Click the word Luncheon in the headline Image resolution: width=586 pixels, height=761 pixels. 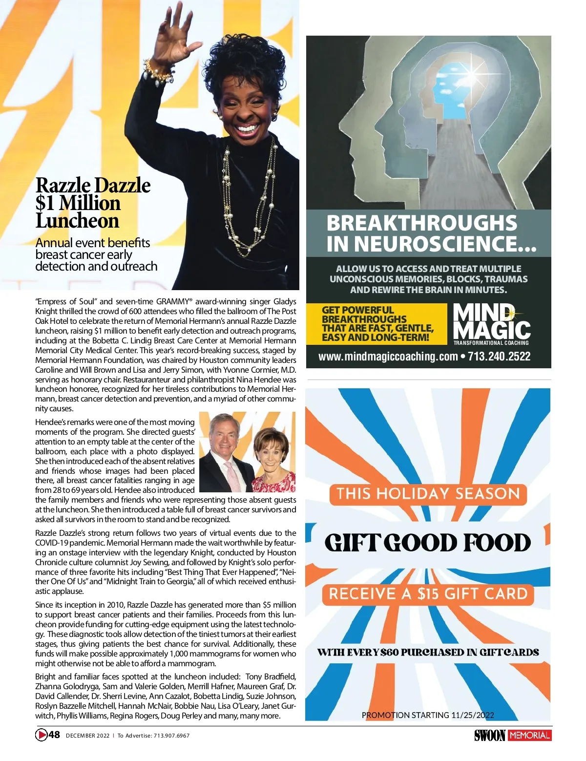(x=77, y=221)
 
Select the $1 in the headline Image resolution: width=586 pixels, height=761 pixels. (x=46, y=203)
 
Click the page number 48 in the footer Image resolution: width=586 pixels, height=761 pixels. (x=54, y=735)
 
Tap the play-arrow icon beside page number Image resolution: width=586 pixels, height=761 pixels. (x=42, y=735)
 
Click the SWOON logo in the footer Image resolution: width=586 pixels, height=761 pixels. (x=489, y=735)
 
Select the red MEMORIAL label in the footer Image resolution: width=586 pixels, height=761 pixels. (x=529, y=735)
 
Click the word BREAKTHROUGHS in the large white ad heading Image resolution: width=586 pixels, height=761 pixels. (x=421, y=223)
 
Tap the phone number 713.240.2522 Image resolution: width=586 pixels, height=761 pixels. (x=499, y=357)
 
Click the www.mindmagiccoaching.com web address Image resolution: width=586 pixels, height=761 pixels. (x=388, y=357)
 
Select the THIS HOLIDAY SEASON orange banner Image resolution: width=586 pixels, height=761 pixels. (x=428, y=494)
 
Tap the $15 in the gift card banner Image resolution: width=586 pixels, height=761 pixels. (x=428, y=594)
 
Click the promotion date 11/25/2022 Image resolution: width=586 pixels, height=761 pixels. (x=472, y=715)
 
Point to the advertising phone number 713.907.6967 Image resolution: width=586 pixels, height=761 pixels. (x=171, y=736)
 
